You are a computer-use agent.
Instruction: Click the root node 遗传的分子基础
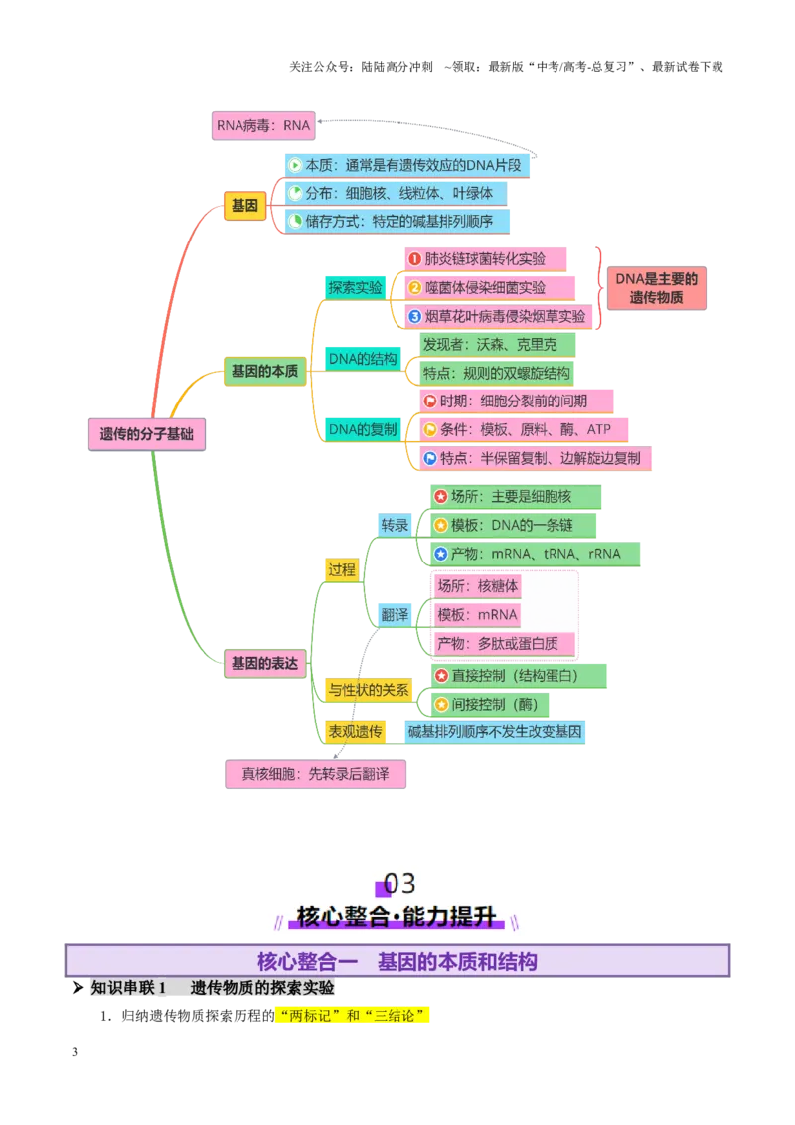147,434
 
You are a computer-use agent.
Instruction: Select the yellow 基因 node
244,205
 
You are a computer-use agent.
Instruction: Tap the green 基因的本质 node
264,371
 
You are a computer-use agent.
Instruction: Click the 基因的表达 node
264,663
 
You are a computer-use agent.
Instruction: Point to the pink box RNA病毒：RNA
263,125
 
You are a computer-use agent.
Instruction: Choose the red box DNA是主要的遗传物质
657,288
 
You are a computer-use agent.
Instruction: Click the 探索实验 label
355,287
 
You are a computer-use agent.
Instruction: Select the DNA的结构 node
363,359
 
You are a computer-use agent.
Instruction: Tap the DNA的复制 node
363,429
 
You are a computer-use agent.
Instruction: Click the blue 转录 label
395,525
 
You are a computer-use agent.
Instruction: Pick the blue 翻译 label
395,615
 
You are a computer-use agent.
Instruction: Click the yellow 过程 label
342,569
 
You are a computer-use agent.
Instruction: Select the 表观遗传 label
355,731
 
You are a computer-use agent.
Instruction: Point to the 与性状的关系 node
369,690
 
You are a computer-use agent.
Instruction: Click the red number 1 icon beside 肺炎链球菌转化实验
414,259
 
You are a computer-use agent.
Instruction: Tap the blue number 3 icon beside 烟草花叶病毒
414,316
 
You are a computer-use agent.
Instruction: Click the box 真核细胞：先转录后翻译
316,774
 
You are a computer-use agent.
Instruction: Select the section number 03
399,884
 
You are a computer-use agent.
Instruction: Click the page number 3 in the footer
75,1052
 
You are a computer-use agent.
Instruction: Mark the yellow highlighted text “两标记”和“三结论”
352,1016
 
